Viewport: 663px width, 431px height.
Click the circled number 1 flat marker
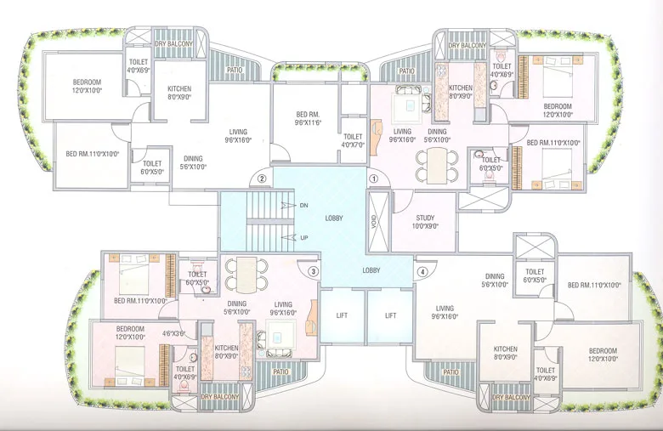372,179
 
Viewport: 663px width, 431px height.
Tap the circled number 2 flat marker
263,179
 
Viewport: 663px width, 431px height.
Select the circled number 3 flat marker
314,271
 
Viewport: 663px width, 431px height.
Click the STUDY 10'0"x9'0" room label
426,222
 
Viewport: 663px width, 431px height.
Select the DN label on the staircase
303,206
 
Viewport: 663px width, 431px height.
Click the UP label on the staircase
303,237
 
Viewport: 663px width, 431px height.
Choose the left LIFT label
342,315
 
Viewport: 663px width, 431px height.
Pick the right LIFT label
390,315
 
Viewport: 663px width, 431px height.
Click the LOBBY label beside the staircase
334,218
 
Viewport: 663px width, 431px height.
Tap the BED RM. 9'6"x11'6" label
307,118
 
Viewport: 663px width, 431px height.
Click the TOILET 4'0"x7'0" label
353,140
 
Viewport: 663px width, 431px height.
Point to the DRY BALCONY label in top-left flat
173,43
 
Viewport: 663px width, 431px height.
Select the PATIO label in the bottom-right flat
451,371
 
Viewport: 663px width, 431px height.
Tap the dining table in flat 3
246,274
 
